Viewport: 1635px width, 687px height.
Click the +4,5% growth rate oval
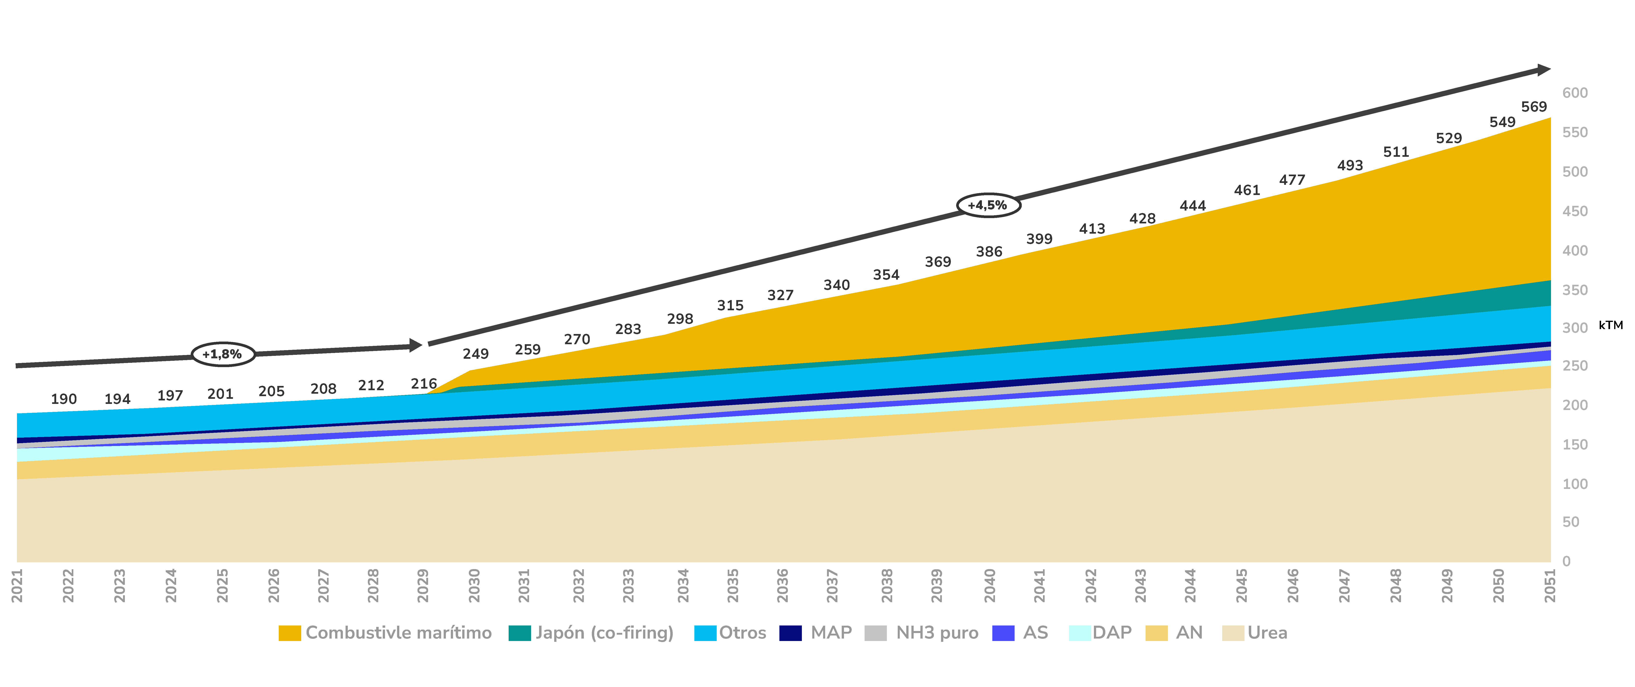pos(988,205)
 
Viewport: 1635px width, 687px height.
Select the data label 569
pos(1533,107)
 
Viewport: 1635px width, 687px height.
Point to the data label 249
pos(475,354)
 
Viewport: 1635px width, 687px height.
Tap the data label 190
pos(64,399)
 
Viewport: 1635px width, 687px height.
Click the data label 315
pos(730,305)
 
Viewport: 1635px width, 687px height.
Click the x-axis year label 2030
pos(474,585)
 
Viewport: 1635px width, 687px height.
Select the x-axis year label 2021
pos(17,585)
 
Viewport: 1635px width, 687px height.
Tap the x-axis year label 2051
pos(1550,585)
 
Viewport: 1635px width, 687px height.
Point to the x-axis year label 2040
pos(989,585)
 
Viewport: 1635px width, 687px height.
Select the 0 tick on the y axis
pos(1567,561)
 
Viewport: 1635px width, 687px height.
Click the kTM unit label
pos(1610,325)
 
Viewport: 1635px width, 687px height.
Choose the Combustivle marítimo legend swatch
pos(289,633)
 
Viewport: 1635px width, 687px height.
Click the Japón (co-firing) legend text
pos(604,633)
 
